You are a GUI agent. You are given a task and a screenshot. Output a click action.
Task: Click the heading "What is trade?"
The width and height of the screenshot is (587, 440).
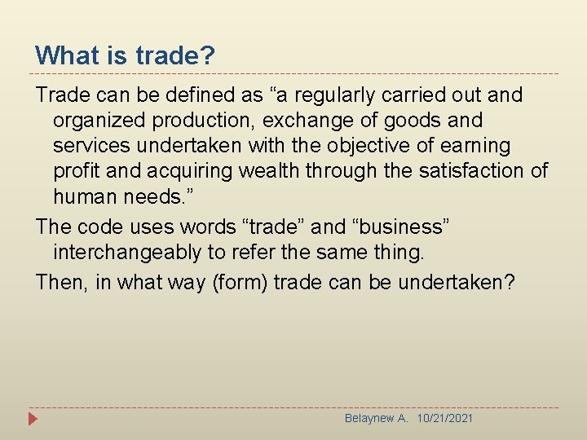[x=125, y=55]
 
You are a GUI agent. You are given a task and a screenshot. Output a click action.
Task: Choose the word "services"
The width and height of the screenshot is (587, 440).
[x=89, y=146]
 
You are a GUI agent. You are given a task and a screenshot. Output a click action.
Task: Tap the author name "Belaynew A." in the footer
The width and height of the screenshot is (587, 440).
[x=376, y=418]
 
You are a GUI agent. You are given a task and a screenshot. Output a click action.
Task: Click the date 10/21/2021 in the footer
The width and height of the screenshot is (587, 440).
[x=444, y=418]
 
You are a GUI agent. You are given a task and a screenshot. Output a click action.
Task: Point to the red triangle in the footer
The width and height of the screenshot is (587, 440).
[x=33, y=420]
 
